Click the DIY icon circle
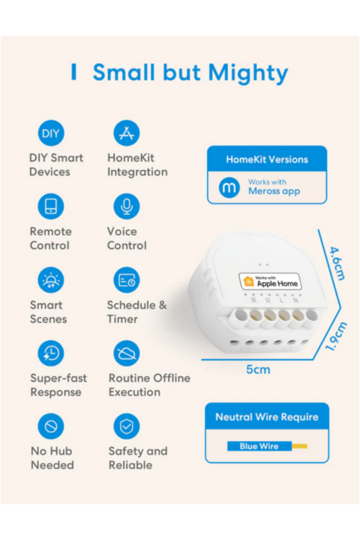51,133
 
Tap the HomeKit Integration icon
127,133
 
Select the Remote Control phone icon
51,207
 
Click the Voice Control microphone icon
127,207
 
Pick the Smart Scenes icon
51,280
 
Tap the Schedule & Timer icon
127,280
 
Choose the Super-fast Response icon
51,353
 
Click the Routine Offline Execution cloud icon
127,353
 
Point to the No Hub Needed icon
51,427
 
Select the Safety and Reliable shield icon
127,427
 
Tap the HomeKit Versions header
267,159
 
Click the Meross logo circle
229,187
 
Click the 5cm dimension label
258,370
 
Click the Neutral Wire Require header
267,417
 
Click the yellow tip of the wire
299,446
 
